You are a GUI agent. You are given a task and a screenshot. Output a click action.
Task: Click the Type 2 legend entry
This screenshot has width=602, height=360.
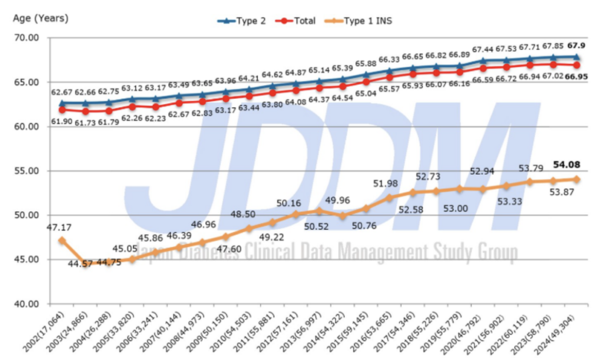(242, 21)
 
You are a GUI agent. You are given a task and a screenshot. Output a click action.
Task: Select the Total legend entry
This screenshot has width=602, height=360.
(298, 21)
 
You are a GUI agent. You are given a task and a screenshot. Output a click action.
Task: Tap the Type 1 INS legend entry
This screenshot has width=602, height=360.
(362, 21)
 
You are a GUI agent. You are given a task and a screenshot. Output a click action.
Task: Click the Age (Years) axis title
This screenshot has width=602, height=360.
(41, 18)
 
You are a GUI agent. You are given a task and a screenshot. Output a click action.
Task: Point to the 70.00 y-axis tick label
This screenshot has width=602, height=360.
(25, 38)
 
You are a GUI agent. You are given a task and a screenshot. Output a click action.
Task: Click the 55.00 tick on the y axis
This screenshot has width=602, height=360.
(25, 171)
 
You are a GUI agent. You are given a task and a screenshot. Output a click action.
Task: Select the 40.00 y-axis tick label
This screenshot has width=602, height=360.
(25, 304)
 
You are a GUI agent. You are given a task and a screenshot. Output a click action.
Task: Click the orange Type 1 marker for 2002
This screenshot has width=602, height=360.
(62, 240)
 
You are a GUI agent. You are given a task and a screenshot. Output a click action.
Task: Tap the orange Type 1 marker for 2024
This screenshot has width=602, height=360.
(577, 179)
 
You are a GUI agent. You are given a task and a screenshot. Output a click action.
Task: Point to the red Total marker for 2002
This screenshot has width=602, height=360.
(62, 109)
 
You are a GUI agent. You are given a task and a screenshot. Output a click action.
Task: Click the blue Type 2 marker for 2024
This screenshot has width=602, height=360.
(577, 56)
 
